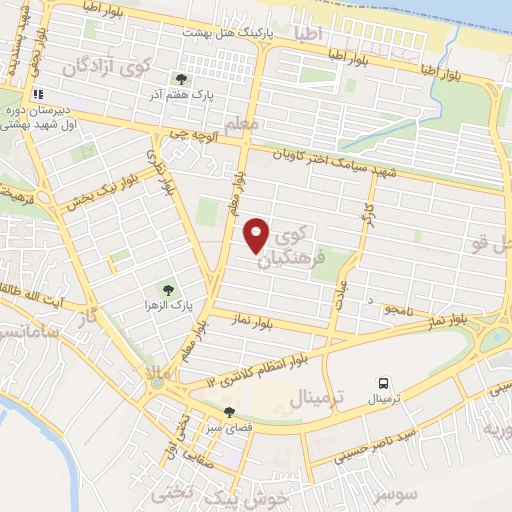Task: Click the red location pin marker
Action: click(x=257, y=235)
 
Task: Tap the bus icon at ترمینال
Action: click(x=384, y=383)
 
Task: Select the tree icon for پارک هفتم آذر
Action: click(x=181, y=78)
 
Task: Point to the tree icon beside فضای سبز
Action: click(x=230, y=411)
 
